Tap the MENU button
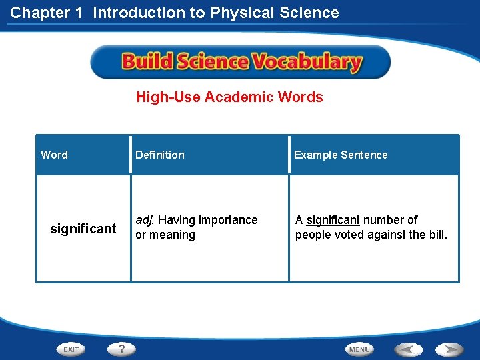coord(359,349)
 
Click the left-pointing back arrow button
coord(408,349)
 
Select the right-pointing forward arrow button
coord(449,349)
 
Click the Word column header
coord(54,155)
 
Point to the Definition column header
coord(160,155)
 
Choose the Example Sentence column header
coord(341,155)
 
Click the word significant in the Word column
coord(83,229)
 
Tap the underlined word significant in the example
coord(333,220)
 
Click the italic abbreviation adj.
coord(145,220)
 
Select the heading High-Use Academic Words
coord(229,97)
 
